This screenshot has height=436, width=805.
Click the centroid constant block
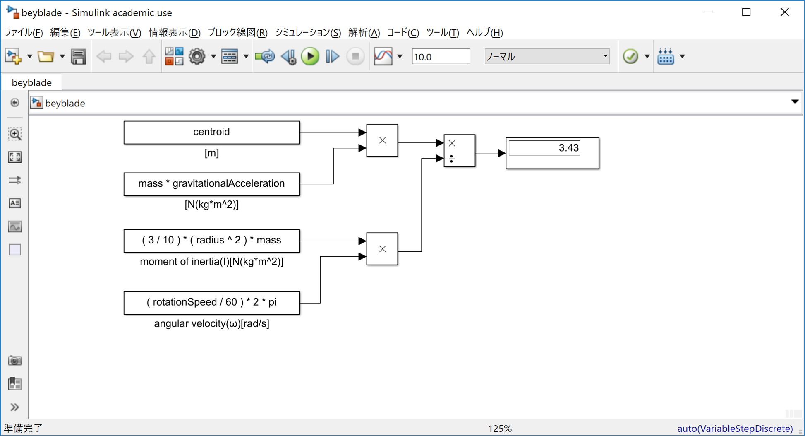click(211, 132)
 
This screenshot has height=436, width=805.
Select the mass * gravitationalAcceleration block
click(211, 184)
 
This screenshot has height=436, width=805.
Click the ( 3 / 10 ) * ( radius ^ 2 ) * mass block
click(211, 241)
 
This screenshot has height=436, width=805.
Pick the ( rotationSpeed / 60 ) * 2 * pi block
click(211, 303)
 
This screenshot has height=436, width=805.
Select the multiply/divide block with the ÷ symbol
click(459, 151)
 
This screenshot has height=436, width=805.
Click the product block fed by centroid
click(382, 140)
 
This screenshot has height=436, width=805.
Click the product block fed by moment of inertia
click(382, 249)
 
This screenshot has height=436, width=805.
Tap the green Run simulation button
click(310, 56)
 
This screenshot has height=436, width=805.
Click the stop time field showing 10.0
click(440, 56)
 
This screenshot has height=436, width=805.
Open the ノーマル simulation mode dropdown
click(546, 56)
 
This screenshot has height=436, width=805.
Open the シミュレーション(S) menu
click(308, 33)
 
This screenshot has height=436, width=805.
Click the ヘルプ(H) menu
click(484, 33)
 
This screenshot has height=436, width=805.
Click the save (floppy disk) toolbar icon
click(78, 56)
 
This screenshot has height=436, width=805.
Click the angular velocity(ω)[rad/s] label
click(211, 323)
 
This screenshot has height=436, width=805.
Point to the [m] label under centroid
click(211, 153)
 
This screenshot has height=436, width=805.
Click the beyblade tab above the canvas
click(32, 82)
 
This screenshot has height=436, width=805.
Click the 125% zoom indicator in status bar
click(500, 429)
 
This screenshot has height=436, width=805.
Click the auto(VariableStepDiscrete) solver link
click(735, 429)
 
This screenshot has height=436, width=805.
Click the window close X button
click(784, 12)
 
